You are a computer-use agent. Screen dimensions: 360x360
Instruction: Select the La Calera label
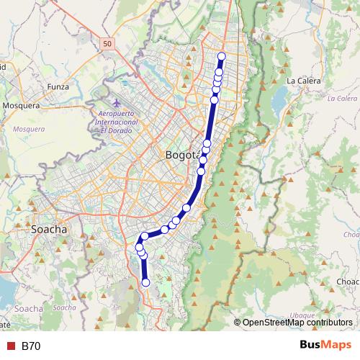[x=303, y=81]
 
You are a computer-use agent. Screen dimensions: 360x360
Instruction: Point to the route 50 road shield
[x=107, y=44]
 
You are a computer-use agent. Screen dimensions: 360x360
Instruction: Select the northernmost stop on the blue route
[x=221, y=56]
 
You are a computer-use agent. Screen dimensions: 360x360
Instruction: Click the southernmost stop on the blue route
[x=145, y=283]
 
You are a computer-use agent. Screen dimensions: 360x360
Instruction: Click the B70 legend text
[x=31, y=346]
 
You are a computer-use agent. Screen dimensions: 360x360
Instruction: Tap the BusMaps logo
[x=325, y=346]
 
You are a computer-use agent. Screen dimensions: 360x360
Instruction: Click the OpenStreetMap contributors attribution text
[x=297, y=323]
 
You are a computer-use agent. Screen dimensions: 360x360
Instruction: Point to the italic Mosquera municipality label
[x=29, y=130]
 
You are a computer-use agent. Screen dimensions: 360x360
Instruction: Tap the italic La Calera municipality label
[x=341, y=98]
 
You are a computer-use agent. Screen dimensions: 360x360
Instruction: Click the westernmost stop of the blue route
[x=139, y=247]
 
